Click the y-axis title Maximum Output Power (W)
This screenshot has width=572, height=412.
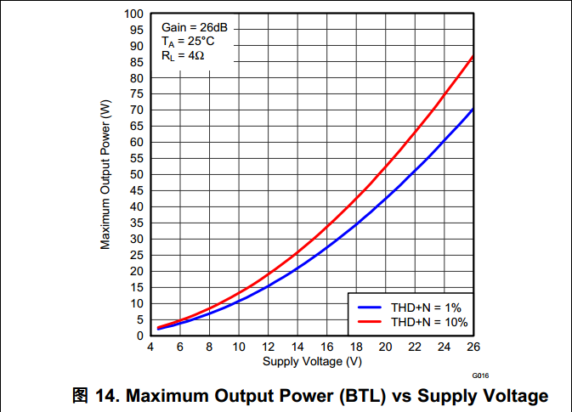(105, 175)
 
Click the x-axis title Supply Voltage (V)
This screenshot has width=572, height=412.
(313, 362)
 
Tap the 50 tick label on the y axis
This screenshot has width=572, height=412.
(136, 174)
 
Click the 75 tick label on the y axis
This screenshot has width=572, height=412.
(136, 94)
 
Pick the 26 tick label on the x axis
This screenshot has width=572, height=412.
(473, 347)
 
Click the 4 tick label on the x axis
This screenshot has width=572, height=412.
(150, 347)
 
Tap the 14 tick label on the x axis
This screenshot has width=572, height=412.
(297, 347)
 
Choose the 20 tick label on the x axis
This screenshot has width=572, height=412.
(385, 347)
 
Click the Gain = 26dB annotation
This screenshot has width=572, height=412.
(195, 27)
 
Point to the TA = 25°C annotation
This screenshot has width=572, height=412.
(188, 42)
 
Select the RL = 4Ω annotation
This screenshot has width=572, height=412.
(183, 56)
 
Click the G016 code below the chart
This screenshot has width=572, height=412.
(480, 375)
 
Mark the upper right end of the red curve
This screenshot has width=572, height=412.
(473, 56)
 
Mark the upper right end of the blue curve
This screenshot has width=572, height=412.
(473, 110)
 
